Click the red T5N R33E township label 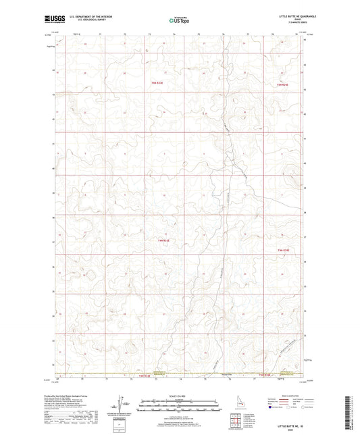(x=157, y=82)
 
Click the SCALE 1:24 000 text (x=179, y=396)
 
